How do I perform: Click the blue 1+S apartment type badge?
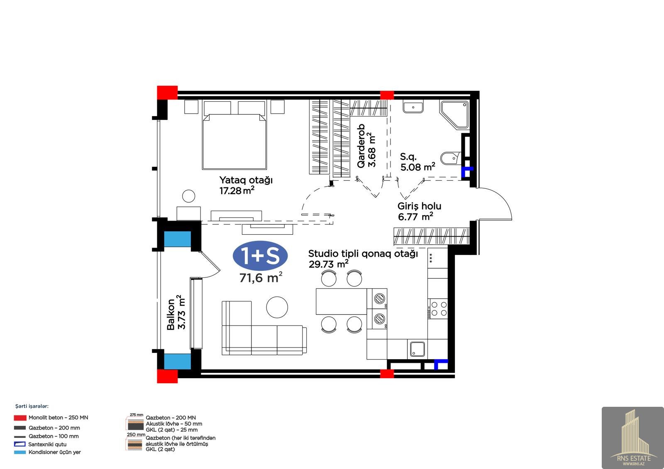[260, 255]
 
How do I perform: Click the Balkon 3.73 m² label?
[176, 312]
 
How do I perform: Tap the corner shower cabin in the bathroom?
[454, 114]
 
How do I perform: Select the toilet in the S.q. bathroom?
[451, 158]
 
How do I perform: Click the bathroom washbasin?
[413, 106]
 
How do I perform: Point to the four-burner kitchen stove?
[437, 309]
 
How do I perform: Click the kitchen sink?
[417, 349]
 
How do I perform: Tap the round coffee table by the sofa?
[277, 307]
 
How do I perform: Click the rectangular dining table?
[341, 301]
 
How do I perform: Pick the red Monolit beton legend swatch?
[20, 418]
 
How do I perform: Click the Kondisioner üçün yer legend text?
[54, 452]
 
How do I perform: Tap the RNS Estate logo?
[632, 437]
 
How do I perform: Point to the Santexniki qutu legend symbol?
[20, 444]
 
